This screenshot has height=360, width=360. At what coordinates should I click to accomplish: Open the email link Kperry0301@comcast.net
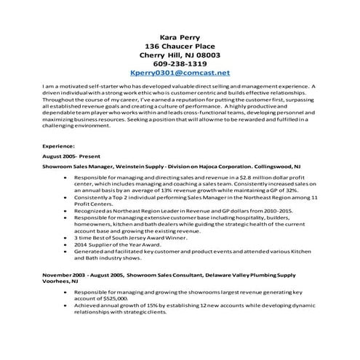180,73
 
